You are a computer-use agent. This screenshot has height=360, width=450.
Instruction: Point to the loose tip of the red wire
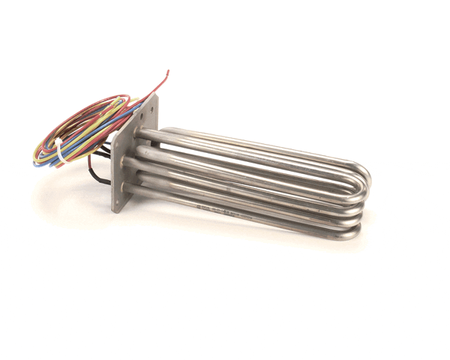(x=169, y=71)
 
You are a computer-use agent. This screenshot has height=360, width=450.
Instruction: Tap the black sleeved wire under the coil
(x=101, y=172)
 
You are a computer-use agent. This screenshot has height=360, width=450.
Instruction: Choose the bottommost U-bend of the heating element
(x=352, y=231)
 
